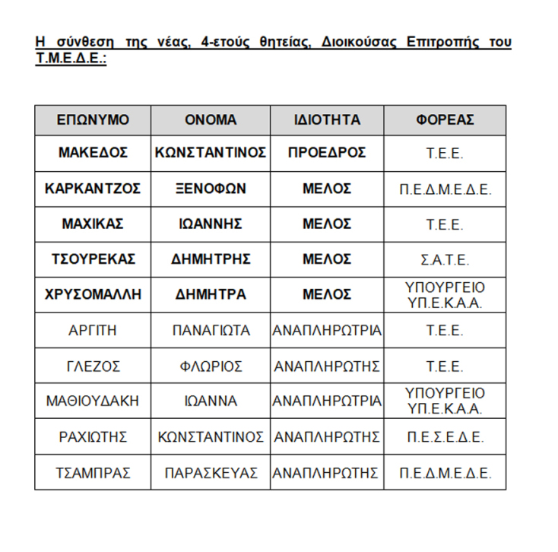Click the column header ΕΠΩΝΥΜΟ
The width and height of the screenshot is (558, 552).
(93, 120)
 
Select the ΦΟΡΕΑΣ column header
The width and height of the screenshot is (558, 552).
(445, 120)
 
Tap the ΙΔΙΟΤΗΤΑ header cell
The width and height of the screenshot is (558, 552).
(327, 120)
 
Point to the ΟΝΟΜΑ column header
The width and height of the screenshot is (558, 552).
(211, 120)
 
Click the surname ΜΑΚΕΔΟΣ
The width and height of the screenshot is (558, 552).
(93, 153)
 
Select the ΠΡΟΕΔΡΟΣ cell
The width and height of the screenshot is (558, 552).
(327, 153)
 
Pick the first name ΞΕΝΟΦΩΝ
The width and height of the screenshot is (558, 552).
(211, 189)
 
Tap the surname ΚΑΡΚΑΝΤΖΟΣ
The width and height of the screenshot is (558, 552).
(93, 189)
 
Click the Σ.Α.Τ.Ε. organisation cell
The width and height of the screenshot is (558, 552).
(445, 259)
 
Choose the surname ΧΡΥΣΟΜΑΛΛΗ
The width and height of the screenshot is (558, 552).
(93, 294)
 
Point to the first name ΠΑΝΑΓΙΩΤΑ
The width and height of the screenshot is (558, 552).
(211, 330)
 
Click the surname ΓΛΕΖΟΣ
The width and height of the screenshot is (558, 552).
(93, 366)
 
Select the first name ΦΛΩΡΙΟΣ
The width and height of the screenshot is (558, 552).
(211, 366)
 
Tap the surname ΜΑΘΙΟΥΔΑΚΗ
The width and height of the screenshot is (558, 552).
(93, 401)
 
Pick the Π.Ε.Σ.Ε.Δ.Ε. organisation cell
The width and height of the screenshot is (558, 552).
(445, 437)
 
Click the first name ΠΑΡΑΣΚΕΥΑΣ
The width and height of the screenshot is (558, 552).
(211, 472)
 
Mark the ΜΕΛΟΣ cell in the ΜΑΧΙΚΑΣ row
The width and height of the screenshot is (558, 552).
(327, 224)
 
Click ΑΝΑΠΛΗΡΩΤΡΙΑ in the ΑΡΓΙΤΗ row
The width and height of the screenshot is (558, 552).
(327, 330)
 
